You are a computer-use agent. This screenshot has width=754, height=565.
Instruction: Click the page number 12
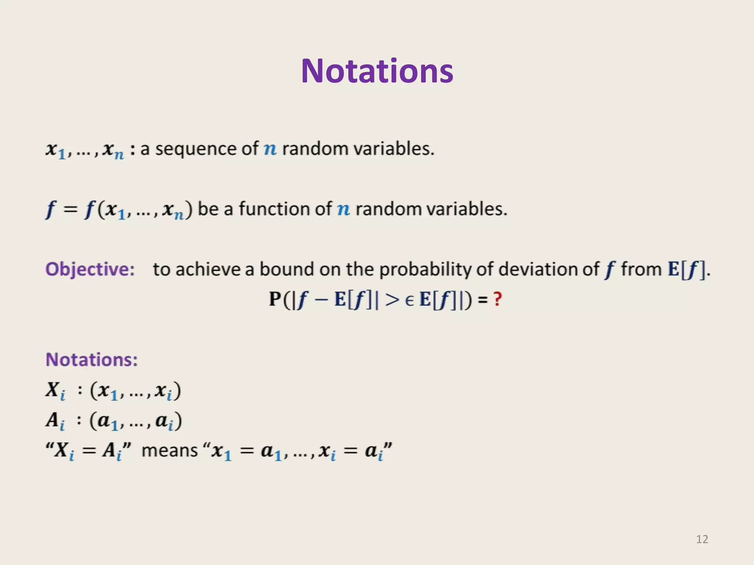[x=702, y=539]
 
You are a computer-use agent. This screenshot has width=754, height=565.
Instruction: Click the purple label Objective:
[x=90, y=269]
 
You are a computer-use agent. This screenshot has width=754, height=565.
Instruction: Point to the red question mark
[x=498, y=299]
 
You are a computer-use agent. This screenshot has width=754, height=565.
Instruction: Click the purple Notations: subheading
[x=92, y=359]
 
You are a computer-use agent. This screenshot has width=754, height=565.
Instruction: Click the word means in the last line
[x=170, y=450]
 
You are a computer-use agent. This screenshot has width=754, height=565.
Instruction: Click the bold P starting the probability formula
[x=275, y=299]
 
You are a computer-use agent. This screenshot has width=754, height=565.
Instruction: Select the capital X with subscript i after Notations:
[x=55, y=391]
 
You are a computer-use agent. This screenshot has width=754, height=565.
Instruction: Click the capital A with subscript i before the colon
[x=55, y=421]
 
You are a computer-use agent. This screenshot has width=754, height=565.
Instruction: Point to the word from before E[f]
[x=641, y=269]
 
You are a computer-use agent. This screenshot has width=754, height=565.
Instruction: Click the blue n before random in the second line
[x=343, y=210]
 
